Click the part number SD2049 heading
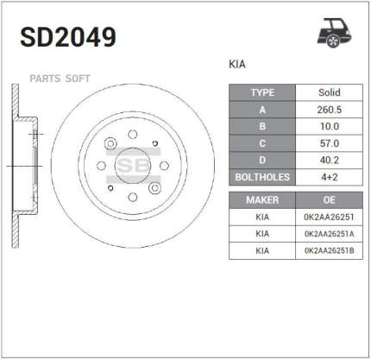[x=68, y=37]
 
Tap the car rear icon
[x=335, y=33]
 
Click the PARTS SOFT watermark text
[x=60, y=79]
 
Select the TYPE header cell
[x=262, y=92]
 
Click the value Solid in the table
[x=330, y=92]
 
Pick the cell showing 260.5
[x=330, y=110]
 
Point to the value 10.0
[x=330, y=126]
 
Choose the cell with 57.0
[x=330, y=143]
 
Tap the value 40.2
[x=330, y=160]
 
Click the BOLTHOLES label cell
[x=262, y=177]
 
